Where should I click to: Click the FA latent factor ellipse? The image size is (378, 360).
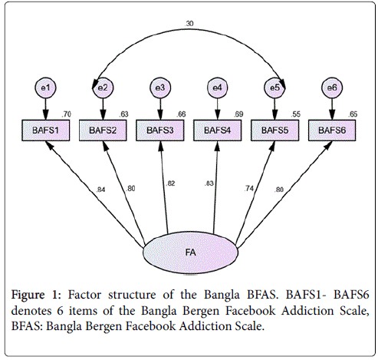click(191, 253)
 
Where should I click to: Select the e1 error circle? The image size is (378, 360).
click(45, 88)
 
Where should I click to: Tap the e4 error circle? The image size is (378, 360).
click(218, 88)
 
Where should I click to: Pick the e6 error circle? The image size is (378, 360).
click(332, 88)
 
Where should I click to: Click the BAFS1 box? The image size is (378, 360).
click(45, 130)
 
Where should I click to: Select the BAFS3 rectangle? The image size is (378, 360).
click(160, 130)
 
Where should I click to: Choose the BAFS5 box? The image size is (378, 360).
click(274, 130)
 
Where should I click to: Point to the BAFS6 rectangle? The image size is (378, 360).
click(332, 130)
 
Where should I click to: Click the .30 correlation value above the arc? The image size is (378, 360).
click(189, 24)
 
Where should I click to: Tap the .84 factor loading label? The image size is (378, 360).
click(100, 190)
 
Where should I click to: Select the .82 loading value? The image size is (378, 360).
click(170, 183)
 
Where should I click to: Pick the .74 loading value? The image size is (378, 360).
click(248, 189)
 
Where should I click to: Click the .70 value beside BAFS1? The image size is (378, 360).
click(66, 114)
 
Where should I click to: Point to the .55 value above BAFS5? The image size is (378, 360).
click(295, 114)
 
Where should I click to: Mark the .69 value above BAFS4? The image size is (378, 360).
click(238, 114)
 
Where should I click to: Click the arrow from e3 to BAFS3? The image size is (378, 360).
click(160, 109)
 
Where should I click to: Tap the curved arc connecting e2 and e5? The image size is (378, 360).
click(189, 28)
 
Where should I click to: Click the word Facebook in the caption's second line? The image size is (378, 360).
click(250, 311)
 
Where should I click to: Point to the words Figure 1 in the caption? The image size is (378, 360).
click(36, 295)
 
